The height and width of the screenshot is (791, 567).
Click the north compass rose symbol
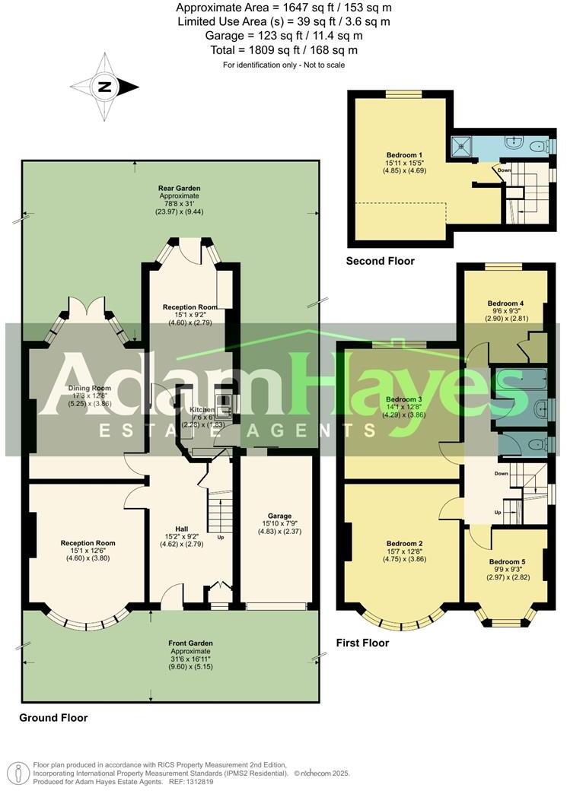click(x=104, y=87)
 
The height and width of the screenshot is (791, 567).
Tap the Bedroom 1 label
click(x=404, y=155)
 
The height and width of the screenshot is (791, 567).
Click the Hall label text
click(x=179, y=529)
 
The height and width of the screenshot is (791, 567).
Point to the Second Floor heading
click(x=381, y=261)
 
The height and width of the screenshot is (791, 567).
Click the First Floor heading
click(x=363, y=643)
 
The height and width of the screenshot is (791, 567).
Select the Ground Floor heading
click(x=53, y=717)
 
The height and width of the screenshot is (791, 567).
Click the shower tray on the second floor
click(x=460, y=145)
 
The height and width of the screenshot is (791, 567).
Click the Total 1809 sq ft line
click(x=283, y=50)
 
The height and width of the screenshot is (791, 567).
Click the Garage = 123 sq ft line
click(x=283, y=36)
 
